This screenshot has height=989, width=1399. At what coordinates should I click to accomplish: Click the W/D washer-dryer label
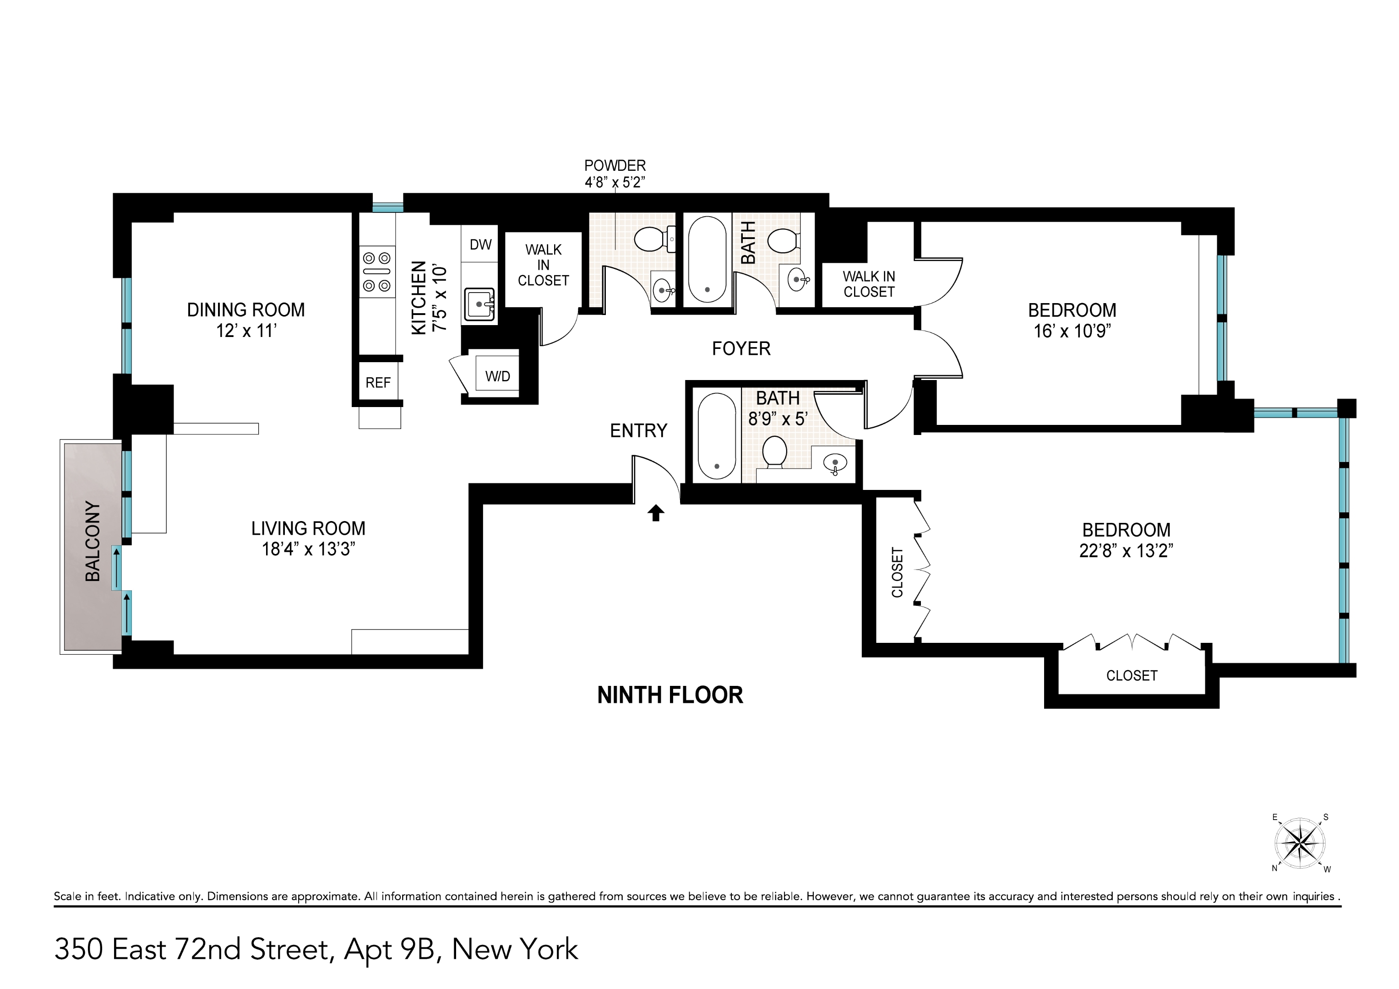[x=497, y=376]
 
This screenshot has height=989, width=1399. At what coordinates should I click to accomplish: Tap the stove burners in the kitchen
[x=376, y=272]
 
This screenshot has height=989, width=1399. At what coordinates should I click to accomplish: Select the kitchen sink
[x=479, y=304]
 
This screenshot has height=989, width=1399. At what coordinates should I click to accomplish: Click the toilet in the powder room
[x=652, y=239]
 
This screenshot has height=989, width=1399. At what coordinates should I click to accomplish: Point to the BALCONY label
[x=93, y=541]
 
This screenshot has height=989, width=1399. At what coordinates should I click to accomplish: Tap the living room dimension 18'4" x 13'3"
[x=308, y=549]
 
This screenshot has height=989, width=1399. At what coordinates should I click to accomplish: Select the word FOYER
[x=741, y=348]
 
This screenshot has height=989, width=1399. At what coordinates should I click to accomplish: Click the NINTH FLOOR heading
[x=670, y=696]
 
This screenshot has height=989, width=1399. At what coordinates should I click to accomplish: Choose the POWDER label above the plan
[x=615, y=165]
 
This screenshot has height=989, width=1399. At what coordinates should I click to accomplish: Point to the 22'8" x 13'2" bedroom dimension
[x=1126, y=551]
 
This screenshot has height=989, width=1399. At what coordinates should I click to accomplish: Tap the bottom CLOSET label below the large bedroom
[x=1132, y=675]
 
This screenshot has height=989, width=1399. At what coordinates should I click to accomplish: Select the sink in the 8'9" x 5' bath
[x=834, y=464]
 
